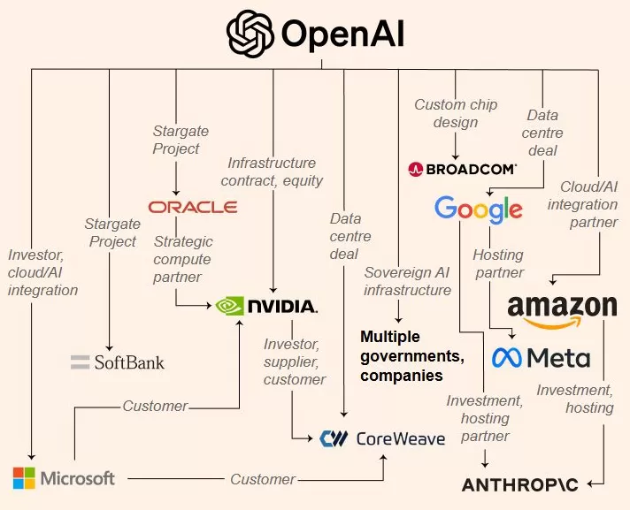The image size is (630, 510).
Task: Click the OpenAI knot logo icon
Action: [250, 34]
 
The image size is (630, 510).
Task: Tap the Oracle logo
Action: [193, 207]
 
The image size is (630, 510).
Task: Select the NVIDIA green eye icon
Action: [228, 306]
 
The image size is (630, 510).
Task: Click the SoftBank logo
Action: [118, 362]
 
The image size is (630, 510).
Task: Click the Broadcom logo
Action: [462, 168]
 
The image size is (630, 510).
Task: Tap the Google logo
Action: [478, 210]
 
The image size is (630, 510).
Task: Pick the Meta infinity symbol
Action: [505, 357]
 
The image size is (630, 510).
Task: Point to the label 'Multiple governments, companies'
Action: [411, 356]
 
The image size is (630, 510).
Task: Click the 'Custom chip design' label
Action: [456, 113]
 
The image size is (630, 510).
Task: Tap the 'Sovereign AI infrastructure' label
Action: [407, 281]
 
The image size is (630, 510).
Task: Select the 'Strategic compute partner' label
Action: [182, 260]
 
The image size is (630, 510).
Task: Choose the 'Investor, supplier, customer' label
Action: [295, 362]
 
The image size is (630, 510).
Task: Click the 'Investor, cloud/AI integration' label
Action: [42, 272]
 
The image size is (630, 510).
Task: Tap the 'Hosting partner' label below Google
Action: [498, 263]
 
